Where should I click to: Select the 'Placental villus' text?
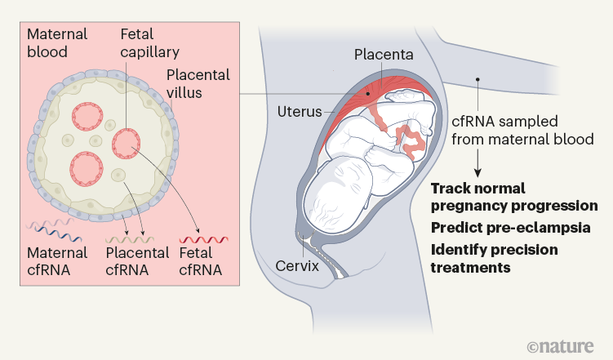(x=196, y=84)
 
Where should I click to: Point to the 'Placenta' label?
(x=383, y=56)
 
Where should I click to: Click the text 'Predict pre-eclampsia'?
(x=510, y=228)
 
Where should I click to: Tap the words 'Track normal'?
(x=479, y=187)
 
